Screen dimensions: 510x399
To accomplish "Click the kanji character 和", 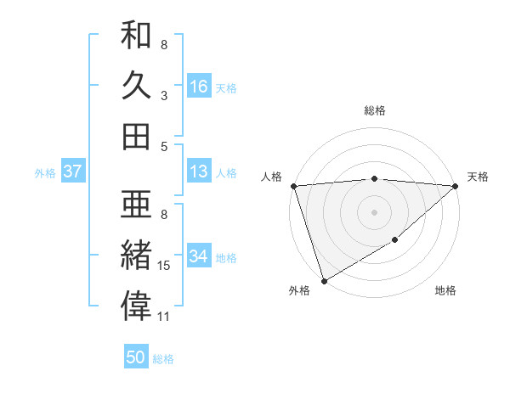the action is tap(136, 35).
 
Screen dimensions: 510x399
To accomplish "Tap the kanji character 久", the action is tap(136, 85).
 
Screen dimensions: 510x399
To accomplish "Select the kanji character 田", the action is tap(136, 136).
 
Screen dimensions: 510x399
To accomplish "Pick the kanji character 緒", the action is tap(136, 255).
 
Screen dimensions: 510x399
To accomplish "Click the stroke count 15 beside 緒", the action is tap(165, 266).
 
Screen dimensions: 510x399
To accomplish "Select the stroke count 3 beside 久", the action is tap(164, 95).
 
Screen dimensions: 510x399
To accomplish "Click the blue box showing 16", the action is tap(199, 87).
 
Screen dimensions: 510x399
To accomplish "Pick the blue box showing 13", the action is tap(199, 171).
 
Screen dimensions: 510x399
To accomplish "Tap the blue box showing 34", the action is tap(199, 256).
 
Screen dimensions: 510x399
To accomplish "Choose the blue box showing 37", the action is tap(73, 171).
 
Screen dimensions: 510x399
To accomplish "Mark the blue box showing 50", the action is tap(136, 357).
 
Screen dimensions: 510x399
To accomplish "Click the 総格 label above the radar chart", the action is tap(375, 110).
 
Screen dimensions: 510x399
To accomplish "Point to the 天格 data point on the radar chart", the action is tap(456, 186).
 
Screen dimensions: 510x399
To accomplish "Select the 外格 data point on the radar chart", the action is tap(324, 280).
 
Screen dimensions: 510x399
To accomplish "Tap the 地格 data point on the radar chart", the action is tap(395, 241).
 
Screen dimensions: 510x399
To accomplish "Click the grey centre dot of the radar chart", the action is tap(375, 212).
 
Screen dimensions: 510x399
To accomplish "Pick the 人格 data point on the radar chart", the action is tap(293, 186).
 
